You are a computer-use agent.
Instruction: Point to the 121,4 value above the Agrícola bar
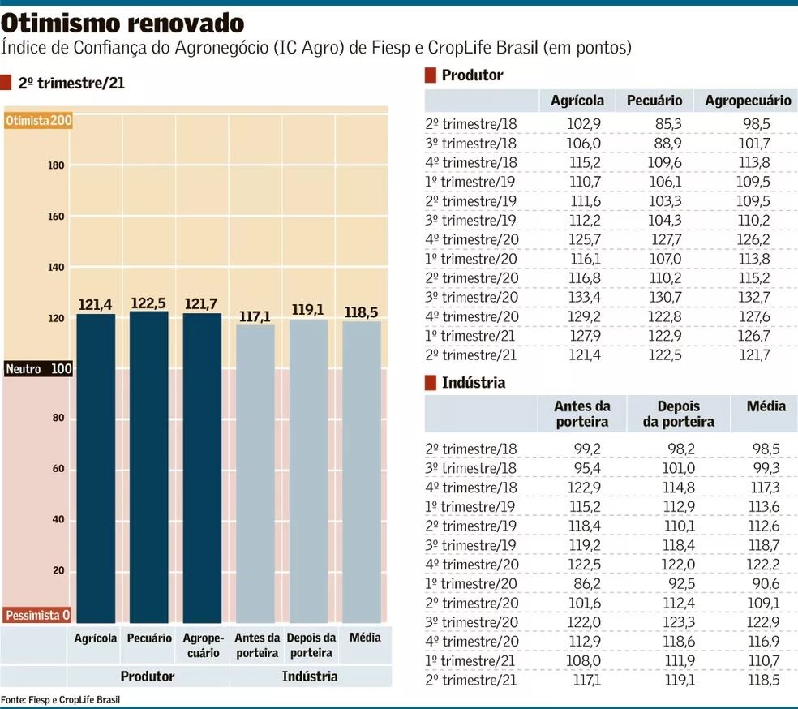coord(96,305)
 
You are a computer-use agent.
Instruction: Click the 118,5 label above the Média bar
coord(361,312)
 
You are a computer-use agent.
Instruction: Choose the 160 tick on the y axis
coord(56,217)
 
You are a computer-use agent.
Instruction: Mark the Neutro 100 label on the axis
coord(38,369)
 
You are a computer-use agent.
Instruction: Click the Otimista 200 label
coord(38,121)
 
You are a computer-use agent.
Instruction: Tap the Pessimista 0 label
coord(38,616)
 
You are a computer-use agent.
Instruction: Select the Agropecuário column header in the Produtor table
coord(747,101)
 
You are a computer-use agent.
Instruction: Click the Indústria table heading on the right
coord(474,382)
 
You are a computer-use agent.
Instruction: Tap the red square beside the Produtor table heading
coord(431,76)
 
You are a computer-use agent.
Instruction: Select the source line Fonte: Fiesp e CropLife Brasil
coord(60,699)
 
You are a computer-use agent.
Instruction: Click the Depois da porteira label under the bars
coord(311,645)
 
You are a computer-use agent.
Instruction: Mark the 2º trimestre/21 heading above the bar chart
coord(71,83)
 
